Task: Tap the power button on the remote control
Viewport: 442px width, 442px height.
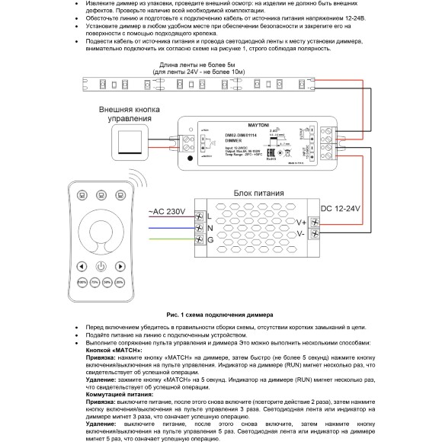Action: click(x=101, y=267)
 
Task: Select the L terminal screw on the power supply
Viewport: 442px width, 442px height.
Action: click(x=200, y=217)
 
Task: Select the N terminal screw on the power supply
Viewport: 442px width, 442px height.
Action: click(x=200, y=229)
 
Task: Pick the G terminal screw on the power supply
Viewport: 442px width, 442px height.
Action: click(x=200, y=241)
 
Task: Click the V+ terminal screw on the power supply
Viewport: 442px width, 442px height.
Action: click(x=312, y=223)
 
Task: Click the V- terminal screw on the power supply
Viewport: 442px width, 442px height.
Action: click(x=312, y=234)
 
